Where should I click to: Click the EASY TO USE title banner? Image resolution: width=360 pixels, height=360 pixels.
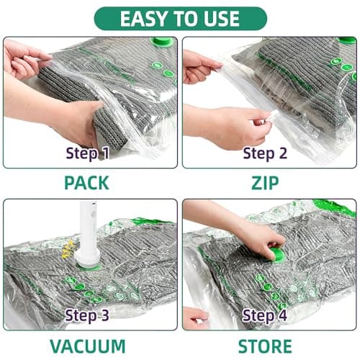[180, 17]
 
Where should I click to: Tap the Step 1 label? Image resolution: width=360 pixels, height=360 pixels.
[87, 153]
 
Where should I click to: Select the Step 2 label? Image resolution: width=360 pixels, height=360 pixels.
[266, 153]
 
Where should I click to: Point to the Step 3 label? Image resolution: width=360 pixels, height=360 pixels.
[87, 315]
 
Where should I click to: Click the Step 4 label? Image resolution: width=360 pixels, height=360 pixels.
[266, 315]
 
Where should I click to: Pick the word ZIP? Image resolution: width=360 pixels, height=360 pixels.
[269, 183]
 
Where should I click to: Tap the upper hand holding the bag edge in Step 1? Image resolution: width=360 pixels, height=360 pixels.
[25, 58]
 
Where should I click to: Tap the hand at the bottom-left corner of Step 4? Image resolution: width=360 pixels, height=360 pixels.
[194, 317]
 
